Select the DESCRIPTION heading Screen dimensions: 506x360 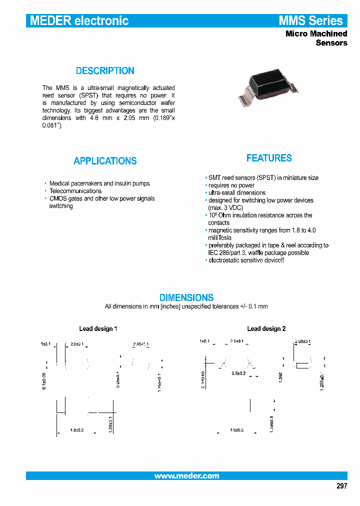[x=105, y=71]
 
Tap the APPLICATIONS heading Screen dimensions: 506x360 [x=105, y=161]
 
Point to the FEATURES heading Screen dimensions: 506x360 [x=269, y=158]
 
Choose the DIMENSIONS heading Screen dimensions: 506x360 [x=186, y=297]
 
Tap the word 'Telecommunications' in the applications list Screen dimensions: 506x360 [x=75, y=191]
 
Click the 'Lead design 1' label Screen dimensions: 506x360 [x=98, y=328]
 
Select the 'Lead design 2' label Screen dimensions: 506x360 [x=266, y=328]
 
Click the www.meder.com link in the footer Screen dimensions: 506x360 [x=186, y=476]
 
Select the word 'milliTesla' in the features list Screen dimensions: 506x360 [x=219, y=238]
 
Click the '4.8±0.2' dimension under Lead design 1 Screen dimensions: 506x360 [x=76, y=430]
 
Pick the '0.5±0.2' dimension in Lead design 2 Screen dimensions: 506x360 [x=239, y=373]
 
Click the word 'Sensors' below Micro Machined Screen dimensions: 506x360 [x=331, y=43]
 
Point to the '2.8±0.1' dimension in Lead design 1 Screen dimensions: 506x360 [x=77, y=344]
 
